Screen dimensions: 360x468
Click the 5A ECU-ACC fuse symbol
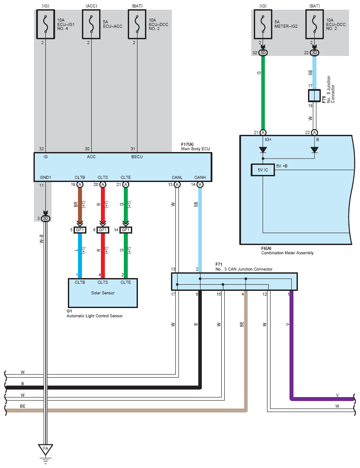tap(91, 24)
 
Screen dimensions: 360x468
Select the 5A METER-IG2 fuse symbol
tap(263, 24)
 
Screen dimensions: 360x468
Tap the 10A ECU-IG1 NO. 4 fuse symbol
tap(45, 24)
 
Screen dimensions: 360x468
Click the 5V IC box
tap(263, 170)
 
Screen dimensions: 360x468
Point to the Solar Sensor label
tap(103, 293)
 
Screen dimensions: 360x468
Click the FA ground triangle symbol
tap(45, 449)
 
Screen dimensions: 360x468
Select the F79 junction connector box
tap(314, 96)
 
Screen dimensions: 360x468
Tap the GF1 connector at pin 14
tap(126, 230)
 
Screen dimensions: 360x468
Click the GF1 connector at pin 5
tap(80, 230)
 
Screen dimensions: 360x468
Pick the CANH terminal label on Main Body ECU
tap(200, 177)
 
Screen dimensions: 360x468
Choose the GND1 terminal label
tap(45, 177)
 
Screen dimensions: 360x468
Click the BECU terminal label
tap(137, 157)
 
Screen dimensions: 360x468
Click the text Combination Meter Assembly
tap(287, 253)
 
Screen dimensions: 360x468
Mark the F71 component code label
tap(219, 264)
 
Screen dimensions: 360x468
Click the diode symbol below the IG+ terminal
tap(263, 150)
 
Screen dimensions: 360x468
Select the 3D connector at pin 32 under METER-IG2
tap(263, 53)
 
